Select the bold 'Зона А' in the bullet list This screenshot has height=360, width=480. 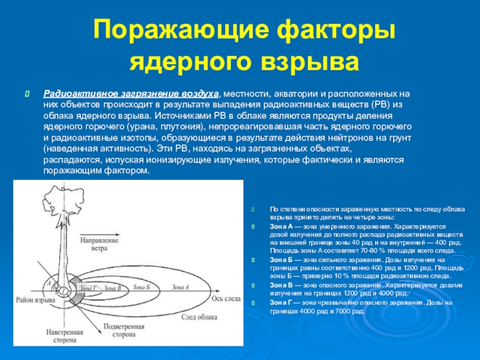tap(281, 227)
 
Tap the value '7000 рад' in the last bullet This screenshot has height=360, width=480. tap(352, 311)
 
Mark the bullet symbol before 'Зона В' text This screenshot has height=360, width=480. tap(254, 285)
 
